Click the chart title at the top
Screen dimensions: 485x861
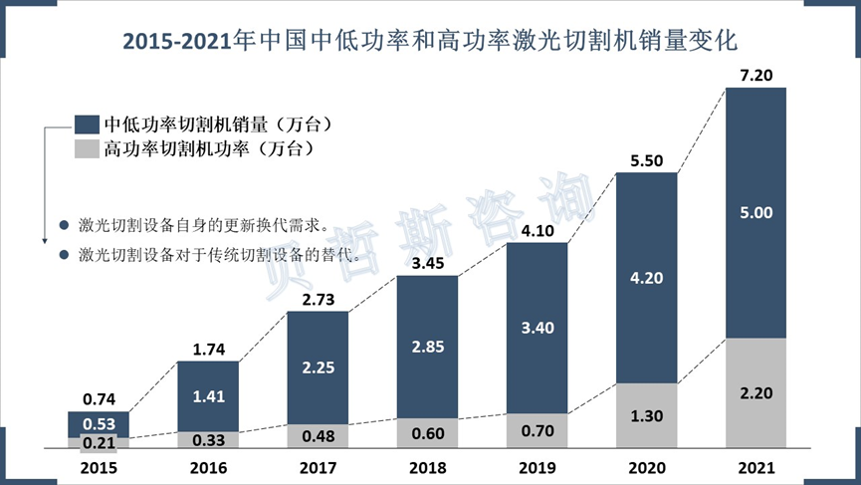click(x=429, y=41)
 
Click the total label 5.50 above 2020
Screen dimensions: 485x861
click(x=647, y=159)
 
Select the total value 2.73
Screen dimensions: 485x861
click(x=319, y=299)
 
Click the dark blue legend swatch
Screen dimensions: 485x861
click(x=87, y=124)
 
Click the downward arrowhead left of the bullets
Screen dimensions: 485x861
click(x=45, y=239)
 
